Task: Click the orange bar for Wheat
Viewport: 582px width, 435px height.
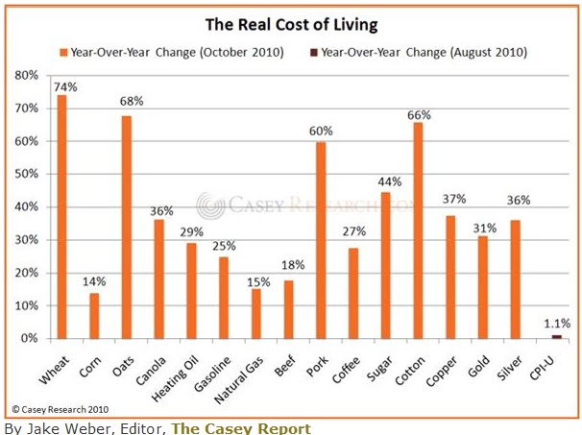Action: [x=61, y=216]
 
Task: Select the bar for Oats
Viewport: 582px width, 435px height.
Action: [x=127, y=227]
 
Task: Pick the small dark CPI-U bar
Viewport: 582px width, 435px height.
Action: [x=556, y=336]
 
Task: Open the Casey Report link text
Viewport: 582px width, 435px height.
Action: [x=241, y=427]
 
